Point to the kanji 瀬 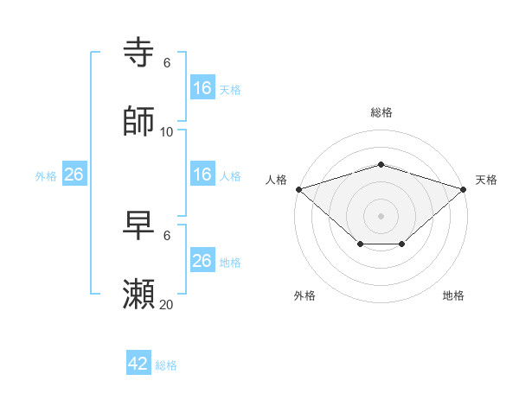pyautogui.click(x=139, y=295)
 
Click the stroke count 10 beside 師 pyautogui.click(x=167, y=131)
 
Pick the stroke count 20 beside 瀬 pyautogui.click(x=167, y=304)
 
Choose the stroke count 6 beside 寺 pyautogui.click(x=167, y=63)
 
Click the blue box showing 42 pyautogui.click(x=138, y=364)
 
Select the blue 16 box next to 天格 pyautogui.click(x=202, y=88)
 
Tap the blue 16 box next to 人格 pyautogui.click(x=202, y=174)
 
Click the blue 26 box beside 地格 pyautogui.click(x=202, y=261)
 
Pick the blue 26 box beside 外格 pyautogui.click(x=74, y=174)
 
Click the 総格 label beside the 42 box pyautogui.click(x=166, y=365)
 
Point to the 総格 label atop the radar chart pyautogui.click(x=381, y=112)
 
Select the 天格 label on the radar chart pyautogui.click(x=487, y=180)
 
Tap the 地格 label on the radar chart pyautogui.click(x=453, y=295)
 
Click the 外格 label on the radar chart pyautogui.click(x=304, y=295)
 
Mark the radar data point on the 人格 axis pyautogui.click(x=298, y=189)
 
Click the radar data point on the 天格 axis pyautogui.click(x=464, y=189)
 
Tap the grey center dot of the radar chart pyautogui.click(x=381, y=215)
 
